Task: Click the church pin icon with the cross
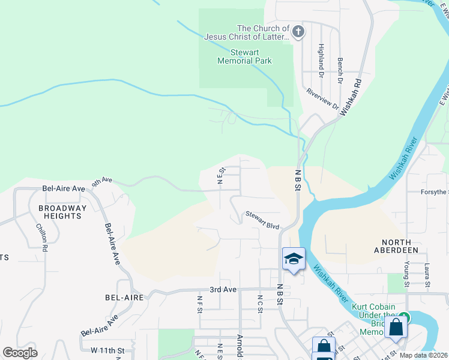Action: click(x=298, y=31)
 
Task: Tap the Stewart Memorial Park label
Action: click(x=244, y=56)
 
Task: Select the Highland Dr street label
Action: click(x=321, y=60)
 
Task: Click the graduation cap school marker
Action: click(x=294, y=259)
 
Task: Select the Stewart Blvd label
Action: click(x=262, y=220)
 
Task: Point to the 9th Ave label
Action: click(x=102, y=180)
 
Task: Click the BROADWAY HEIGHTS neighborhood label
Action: click(x=62, y=212)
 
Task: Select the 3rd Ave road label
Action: click(x=222, y=289)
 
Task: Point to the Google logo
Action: click(x=20, y=353)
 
